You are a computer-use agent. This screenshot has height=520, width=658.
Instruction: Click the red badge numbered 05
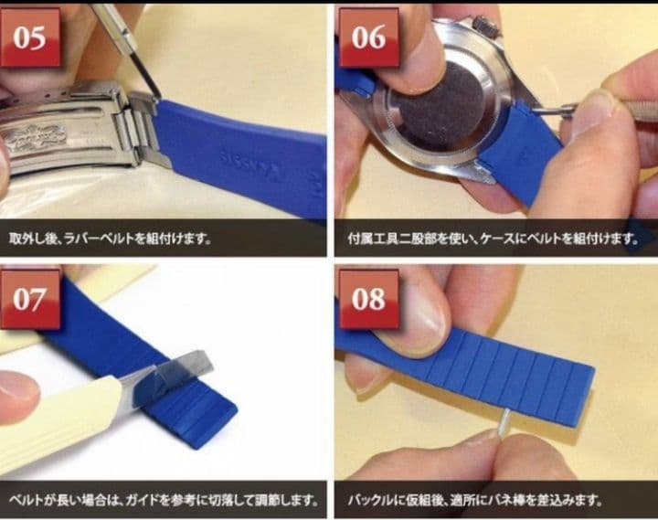pos(30,37)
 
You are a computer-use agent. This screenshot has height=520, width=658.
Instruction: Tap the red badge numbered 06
pos(367,37)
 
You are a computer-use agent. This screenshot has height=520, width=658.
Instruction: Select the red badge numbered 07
pos(30,299)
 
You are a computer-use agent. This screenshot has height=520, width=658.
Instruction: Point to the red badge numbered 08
pos(367,299)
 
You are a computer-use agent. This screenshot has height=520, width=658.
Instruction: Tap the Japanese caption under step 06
pos(493,239)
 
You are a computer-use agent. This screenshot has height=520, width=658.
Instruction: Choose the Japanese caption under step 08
pos(475,501)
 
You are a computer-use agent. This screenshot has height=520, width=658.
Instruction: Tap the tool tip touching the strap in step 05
pos(156,96)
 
